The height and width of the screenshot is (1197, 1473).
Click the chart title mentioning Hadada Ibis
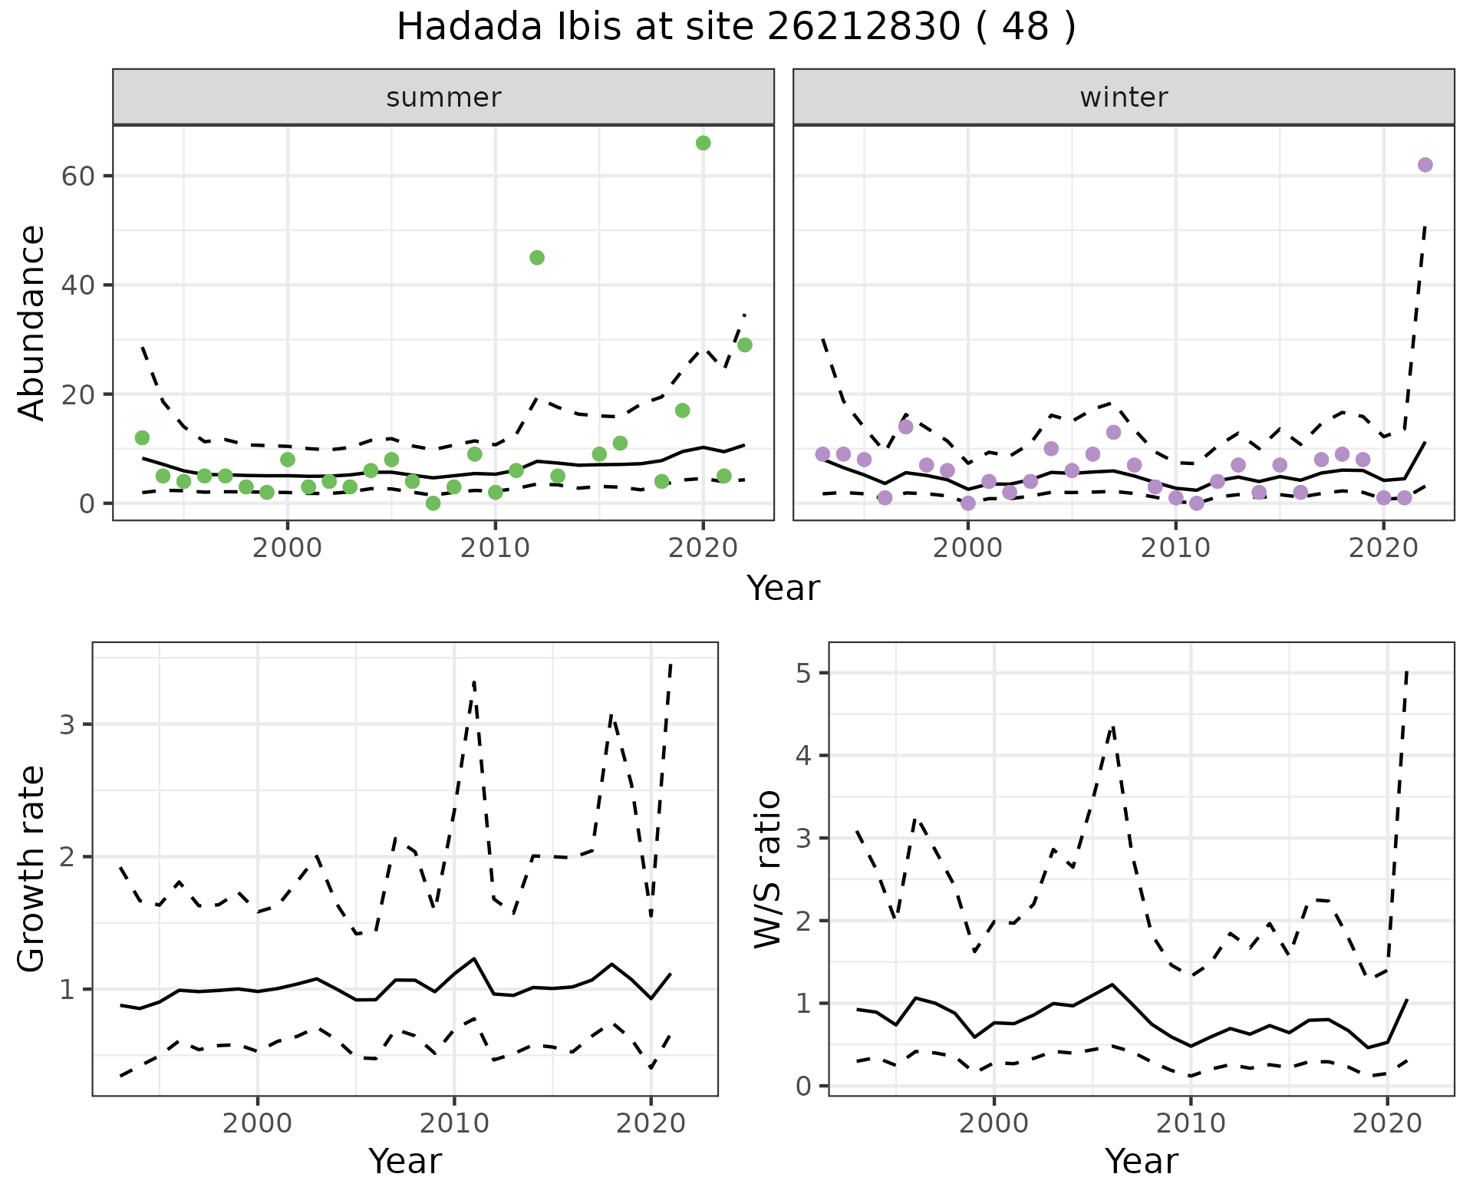coord(736,28)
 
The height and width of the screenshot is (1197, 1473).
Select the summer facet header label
coord(443,97)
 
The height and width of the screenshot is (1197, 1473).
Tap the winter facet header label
coord(1123,97)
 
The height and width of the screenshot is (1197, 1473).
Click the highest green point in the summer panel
coord(703,143)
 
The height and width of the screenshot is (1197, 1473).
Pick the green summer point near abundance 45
coord(537,258)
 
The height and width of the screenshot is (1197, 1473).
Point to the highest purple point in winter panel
coord(1425,165)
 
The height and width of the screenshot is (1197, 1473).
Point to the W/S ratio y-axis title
coord(767,869)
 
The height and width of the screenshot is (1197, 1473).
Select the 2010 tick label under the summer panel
coord(495,549)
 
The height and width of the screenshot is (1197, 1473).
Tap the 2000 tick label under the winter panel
coord(968,549)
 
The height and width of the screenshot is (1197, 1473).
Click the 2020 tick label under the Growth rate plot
coord(651,1124)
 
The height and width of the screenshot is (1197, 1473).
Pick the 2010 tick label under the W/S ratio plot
coord(1191,1124)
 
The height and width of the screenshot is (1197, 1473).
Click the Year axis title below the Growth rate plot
coord(405,1162)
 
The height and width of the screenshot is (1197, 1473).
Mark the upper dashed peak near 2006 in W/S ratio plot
coord(1112,726)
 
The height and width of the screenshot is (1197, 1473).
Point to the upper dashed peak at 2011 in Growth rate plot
coord(474,681)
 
